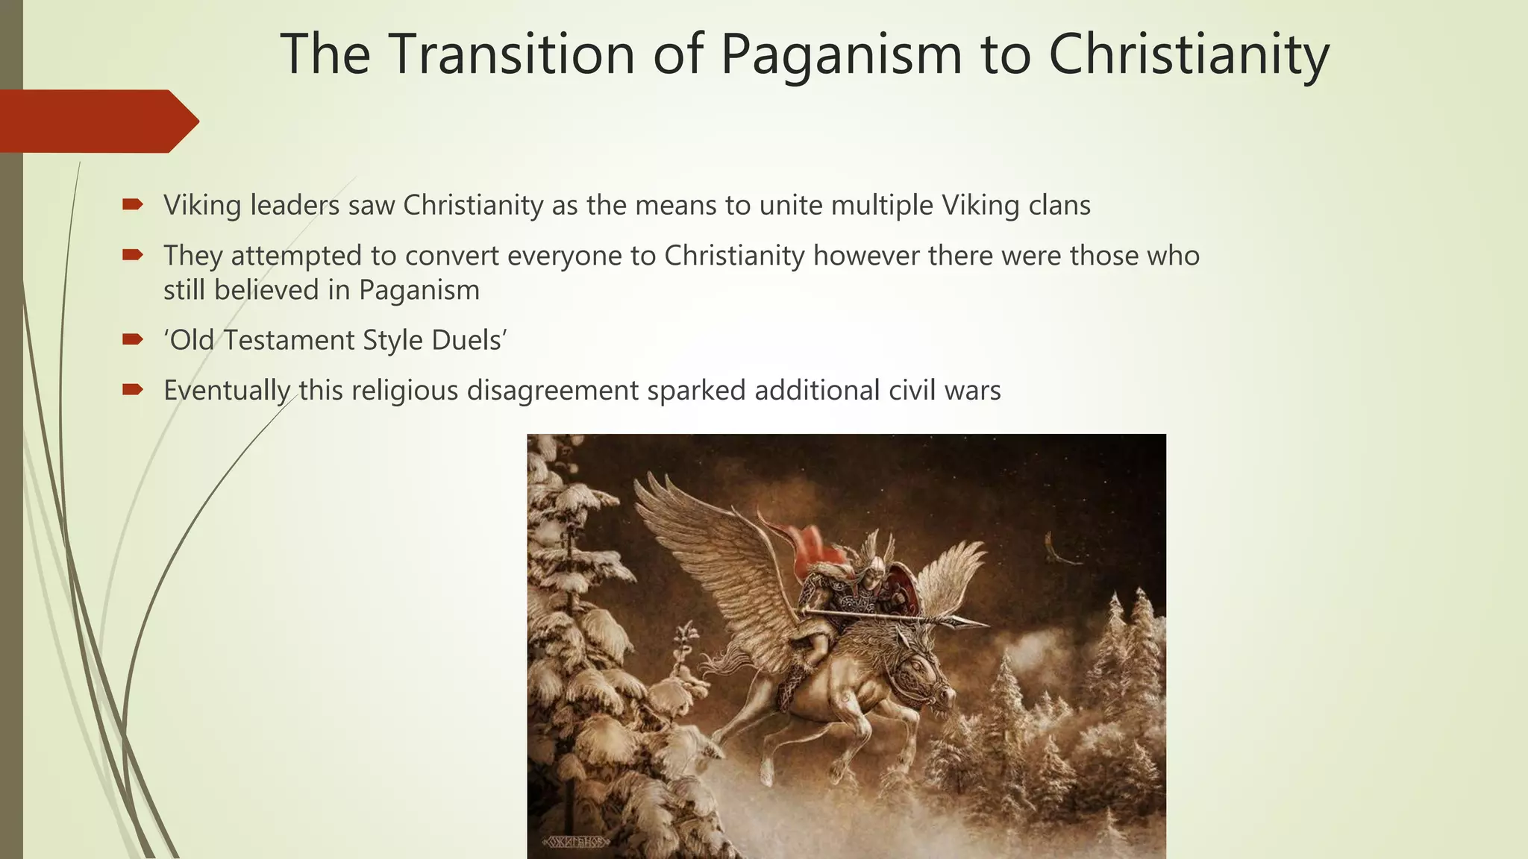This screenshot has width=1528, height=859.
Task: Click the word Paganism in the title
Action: coord(841,55)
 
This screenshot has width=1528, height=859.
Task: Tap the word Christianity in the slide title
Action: coord(1189,55)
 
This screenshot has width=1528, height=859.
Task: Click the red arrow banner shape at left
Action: coord(97,121)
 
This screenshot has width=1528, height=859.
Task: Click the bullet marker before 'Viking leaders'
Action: coord(133,205)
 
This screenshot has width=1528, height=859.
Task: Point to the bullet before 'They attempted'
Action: coord(133,256)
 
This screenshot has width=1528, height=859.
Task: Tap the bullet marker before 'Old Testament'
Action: coord(133,340)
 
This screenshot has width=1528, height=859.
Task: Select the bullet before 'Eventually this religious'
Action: coord(133,390)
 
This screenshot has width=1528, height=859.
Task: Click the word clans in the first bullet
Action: coord(1059,205)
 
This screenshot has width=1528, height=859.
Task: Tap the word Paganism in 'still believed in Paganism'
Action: coord(419,291)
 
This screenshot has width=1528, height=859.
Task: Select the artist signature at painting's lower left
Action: coord(576,842)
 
